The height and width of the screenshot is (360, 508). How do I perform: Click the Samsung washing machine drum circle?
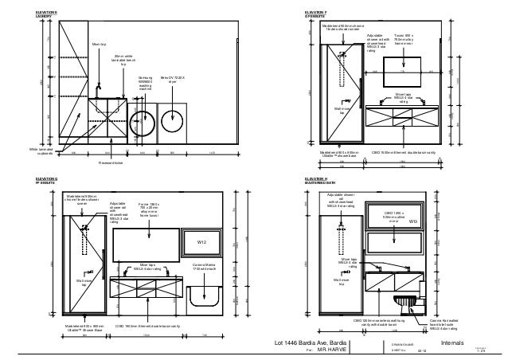tap(143, 124)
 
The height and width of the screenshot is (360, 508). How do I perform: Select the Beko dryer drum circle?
tap(173, 122)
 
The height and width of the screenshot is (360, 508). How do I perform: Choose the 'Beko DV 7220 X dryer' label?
tap(173, 80)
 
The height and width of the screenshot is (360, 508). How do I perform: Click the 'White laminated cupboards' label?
tap(41, 149)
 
